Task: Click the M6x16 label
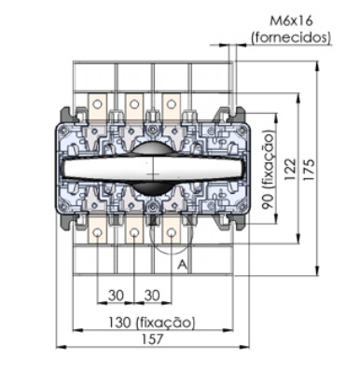[x=291, y=21]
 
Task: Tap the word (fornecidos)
[x=291, y=37]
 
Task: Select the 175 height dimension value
[x=309, y=170]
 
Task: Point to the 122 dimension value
[x=291, y=170]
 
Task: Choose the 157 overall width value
[x=152, y=339]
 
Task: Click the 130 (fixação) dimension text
[x=152, y=323]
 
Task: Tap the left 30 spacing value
[x=116, y=296]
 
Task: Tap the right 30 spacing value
[x=152, y=296]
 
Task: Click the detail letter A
[x=183, y=265]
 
